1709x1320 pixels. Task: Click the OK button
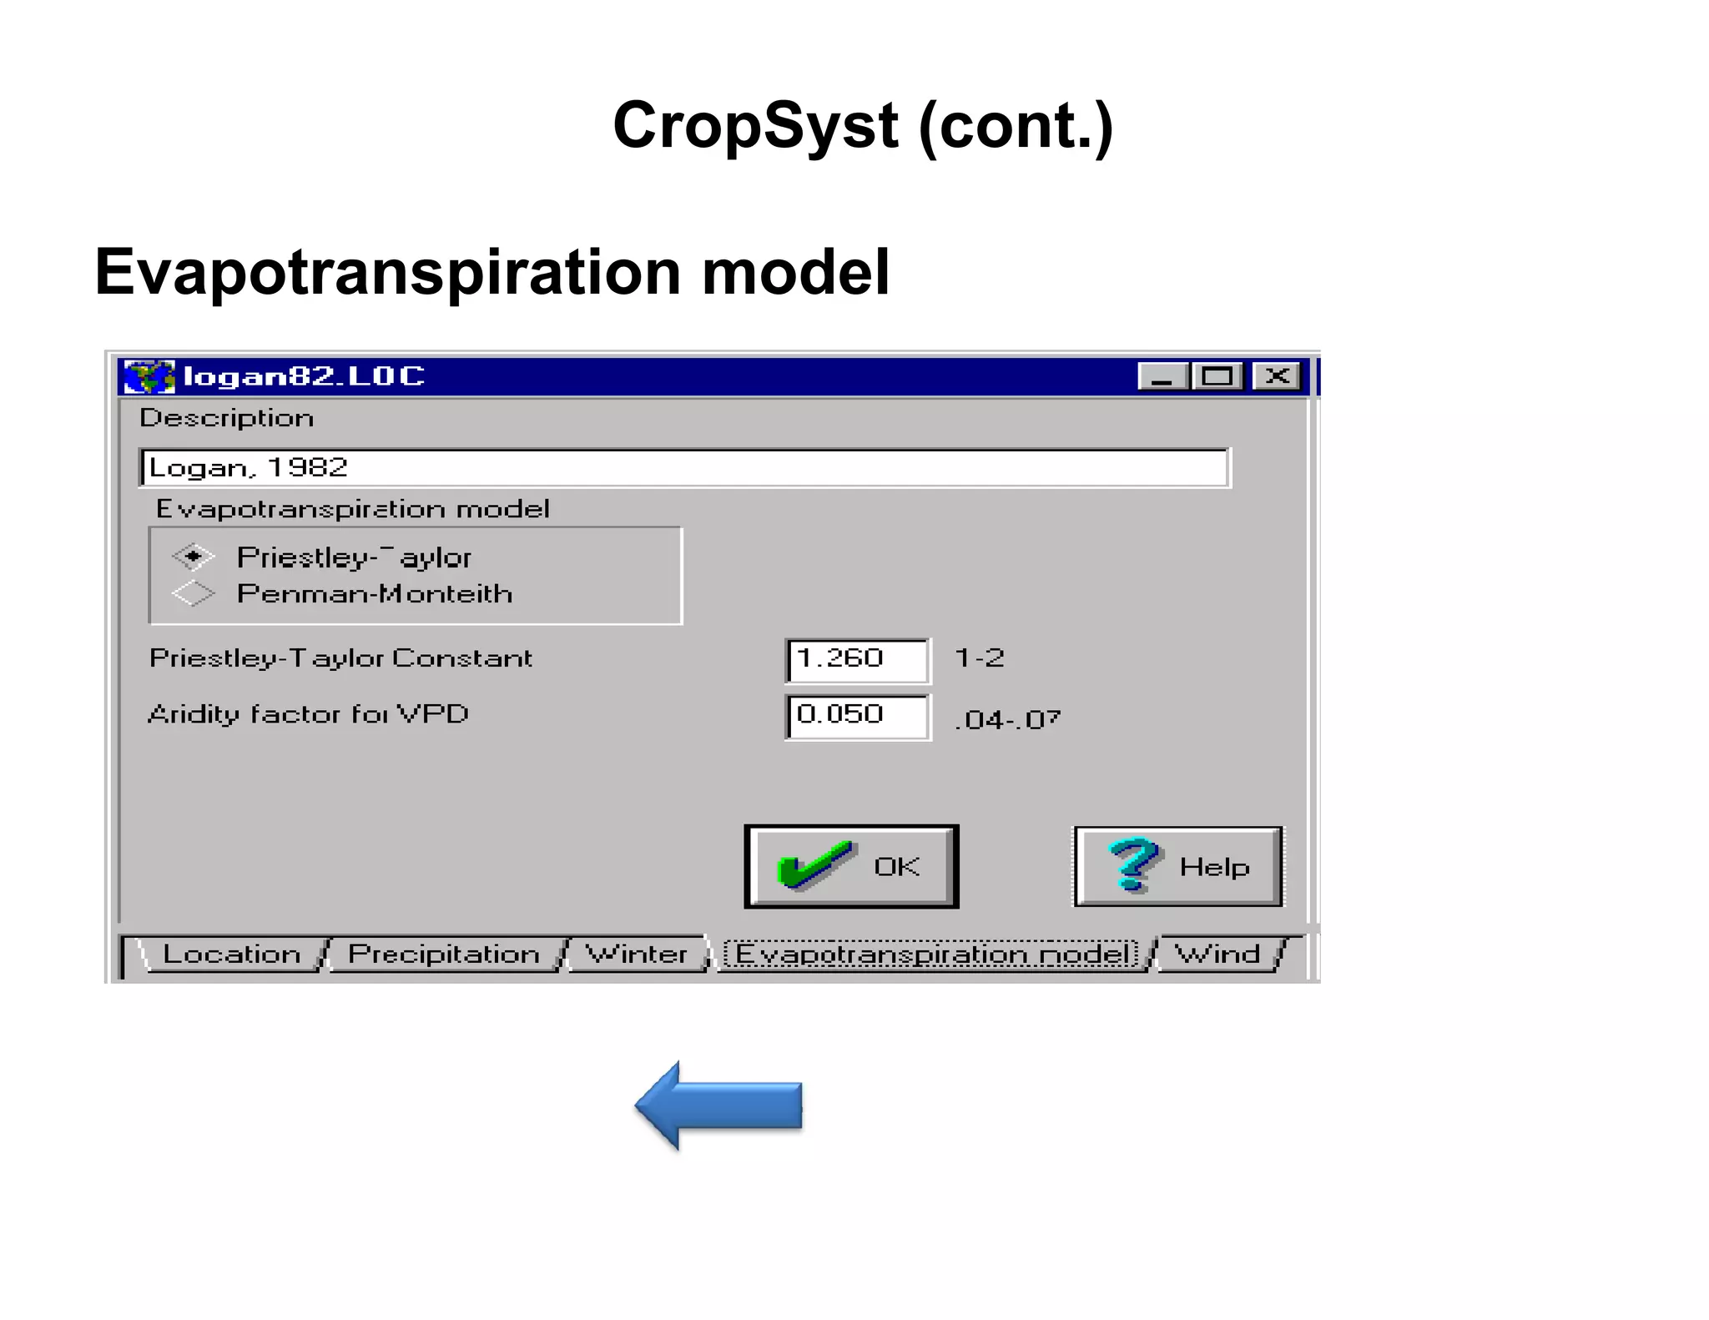tap(851, 867)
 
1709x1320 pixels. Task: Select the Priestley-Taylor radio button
tap(194, 557)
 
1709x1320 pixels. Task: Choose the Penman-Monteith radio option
tap(194, 593)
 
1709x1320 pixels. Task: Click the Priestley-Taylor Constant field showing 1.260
tap(857, 659)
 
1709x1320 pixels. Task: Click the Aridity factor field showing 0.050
tap(857, 716)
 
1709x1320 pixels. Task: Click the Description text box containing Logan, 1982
tap(684, 468)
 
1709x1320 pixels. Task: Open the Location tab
tap(231, 954)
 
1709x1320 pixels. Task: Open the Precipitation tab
tap(443, 954)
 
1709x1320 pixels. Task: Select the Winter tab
tap(636, 954)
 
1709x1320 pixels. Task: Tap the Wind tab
tap(1217, 954)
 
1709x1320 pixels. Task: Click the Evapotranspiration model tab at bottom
tap(932, 954)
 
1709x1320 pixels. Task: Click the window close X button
tap(1277, 376)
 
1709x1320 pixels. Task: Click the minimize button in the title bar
tap(1162, 376)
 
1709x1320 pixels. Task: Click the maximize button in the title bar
tap(1217, 376)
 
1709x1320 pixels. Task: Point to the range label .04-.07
tap(1008, 719)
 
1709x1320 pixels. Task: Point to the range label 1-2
tap(980, 658)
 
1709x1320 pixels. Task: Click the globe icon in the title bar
tap(149, 376)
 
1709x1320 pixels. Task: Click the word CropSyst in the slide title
tap(755, 126)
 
